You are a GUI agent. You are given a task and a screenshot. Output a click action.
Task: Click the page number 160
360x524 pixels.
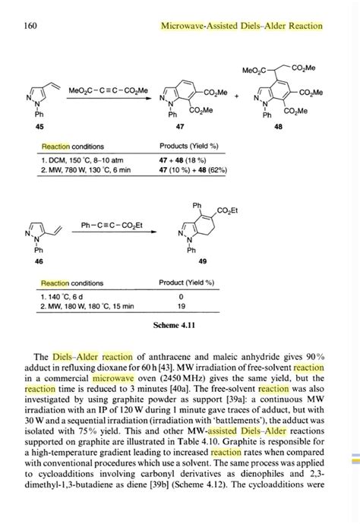30,26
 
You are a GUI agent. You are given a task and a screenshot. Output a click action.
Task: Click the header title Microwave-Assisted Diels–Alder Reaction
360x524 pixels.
242,26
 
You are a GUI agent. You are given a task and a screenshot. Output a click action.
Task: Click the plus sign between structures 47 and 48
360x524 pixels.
236,97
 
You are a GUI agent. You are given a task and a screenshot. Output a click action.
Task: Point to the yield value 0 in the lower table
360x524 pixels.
181,295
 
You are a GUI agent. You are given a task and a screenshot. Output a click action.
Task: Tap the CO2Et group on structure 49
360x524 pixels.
227,210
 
